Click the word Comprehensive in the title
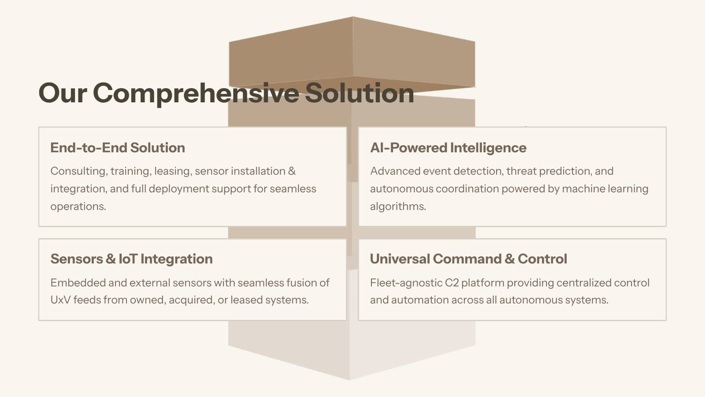tap(196, 93)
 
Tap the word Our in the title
tap(63, 93)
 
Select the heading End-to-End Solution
tap(118, 148)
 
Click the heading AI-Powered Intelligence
tap(448, 148)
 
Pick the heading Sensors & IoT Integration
tap(131, 259)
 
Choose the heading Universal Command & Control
tap(468, 259)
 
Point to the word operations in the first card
tap(78, 206)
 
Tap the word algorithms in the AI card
tap(397, 206)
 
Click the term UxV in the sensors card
tap(60, 300)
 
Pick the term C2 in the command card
tap(452, 283)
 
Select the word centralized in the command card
tap(573, 283)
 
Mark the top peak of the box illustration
tap(352, 17)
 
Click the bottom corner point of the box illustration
tap(350, 380)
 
